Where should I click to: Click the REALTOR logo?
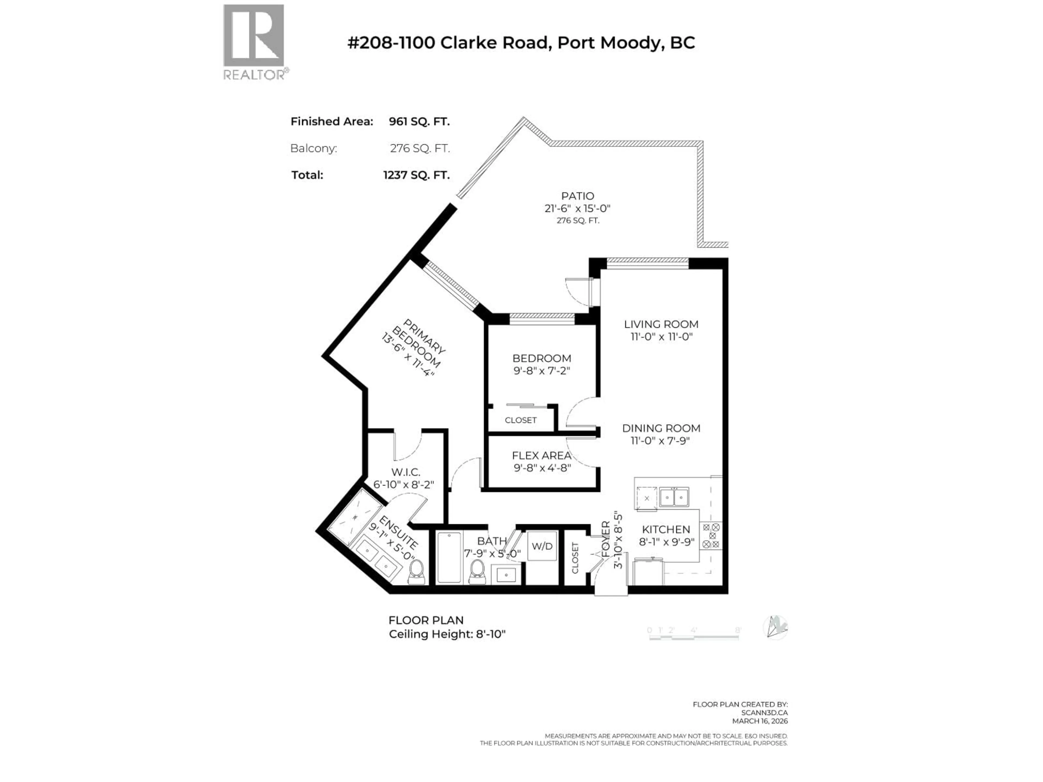click(x=254, y=42)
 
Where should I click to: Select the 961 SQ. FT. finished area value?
click(x=419, y=122)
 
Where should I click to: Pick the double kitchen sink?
click(x=674, y=497)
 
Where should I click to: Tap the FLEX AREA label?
click(x=541, y=455)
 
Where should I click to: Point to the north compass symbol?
click(x=775, y=628)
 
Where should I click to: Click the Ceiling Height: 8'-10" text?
click(x=447, y=634)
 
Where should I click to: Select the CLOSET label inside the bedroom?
click(x=521, y=420)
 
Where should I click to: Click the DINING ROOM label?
click(x=661, y=428)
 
